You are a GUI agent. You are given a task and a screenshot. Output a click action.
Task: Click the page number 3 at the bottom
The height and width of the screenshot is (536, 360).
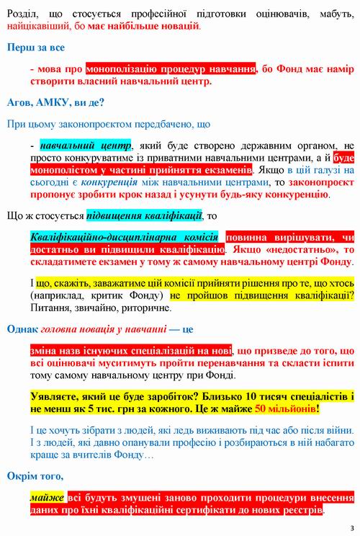tap(352, 527)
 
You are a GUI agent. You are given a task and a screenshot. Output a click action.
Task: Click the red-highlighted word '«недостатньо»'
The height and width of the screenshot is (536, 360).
tap(305, 250)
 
